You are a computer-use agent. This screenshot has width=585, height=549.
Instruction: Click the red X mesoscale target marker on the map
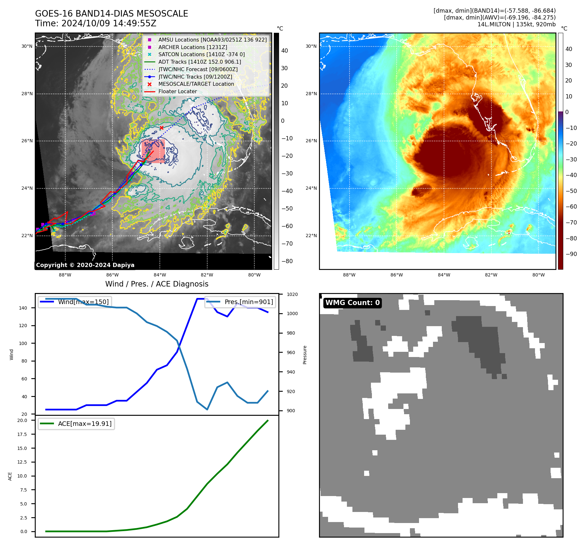coord(161,128)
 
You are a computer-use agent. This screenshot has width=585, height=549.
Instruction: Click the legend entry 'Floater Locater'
coord(177,92)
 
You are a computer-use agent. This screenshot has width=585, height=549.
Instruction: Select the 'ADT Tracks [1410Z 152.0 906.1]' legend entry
coord(199,62)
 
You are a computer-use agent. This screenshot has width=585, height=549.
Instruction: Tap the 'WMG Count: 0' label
coord(352,303)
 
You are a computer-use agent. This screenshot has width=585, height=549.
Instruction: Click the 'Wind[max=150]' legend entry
coord(83,302)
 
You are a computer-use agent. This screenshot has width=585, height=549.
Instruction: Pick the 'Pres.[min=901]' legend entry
coord(248,302)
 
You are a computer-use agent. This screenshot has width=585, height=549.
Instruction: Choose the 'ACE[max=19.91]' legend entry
coord(84,424)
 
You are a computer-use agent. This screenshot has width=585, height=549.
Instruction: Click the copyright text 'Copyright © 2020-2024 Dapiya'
coord(85,265)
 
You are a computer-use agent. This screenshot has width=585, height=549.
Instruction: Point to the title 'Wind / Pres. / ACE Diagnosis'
coord(157,284)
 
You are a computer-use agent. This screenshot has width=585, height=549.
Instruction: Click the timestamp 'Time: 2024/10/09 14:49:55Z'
coord(95,23)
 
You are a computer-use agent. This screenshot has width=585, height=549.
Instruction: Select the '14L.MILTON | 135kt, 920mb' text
coord(516,24)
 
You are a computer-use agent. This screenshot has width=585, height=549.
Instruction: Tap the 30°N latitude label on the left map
coord(27,46)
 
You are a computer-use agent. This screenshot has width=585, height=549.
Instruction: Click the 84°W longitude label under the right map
coord(444,275)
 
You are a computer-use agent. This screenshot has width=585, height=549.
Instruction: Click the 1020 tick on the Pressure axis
coord(292,294)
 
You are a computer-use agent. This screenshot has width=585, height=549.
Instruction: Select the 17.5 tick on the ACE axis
coord(22,434)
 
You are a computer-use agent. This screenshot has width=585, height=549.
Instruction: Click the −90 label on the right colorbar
coord(571,254)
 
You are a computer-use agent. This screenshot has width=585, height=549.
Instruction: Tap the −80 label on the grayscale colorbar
coord(287,261)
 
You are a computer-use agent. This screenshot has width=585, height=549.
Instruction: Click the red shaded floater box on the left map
coord(153,151)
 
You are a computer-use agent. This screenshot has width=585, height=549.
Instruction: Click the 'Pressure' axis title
coord(305,355)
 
